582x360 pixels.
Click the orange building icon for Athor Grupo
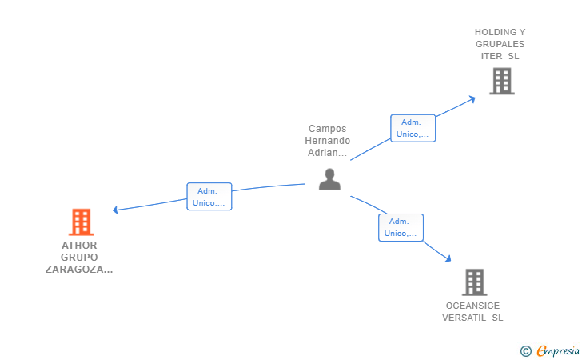click(82, 222)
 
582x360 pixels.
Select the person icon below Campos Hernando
click(329, 179)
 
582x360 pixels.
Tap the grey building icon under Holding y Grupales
click(502, 81)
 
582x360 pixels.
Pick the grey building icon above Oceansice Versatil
click(475, 282)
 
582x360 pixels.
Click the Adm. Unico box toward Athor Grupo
click(209, 197)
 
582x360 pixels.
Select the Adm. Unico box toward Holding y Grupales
click(413, 128)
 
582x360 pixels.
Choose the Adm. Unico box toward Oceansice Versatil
click(401, 227)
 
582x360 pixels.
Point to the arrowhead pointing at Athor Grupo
click(115, 210)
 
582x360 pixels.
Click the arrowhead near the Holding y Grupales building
click(472, 99)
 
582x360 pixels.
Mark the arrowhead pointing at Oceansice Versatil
click(448, 258)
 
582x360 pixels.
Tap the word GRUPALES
click(500, 44)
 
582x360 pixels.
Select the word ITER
click(492, 56)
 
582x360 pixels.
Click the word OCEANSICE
click(473, 306)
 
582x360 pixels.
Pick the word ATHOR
click(79, 246)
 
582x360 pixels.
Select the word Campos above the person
click(328, 129)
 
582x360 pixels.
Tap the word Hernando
click(328, 141)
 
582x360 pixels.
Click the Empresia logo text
click(558, 350)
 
